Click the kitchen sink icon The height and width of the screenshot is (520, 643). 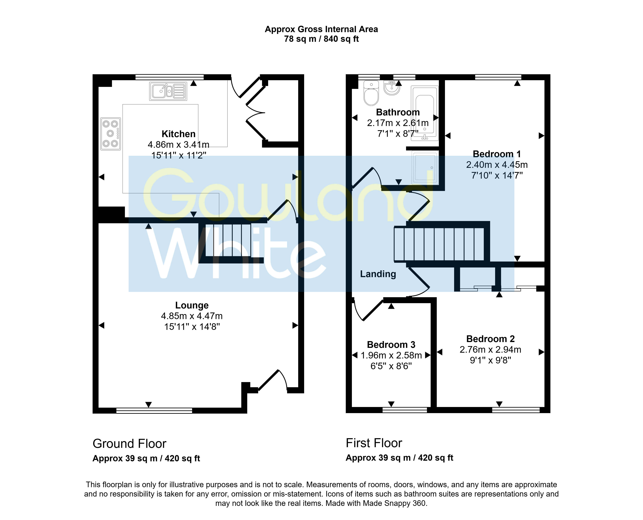[168, 91]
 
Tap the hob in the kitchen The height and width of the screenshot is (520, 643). [110, 134]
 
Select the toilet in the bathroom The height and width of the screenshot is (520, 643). [371, 93]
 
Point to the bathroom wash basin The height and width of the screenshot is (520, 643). [392, 87]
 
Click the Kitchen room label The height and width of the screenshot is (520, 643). [178, 134]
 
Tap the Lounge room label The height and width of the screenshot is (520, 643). [192, 305]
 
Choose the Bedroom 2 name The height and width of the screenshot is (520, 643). [491, 339]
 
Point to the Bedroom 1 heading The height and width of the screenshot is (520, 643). [497, 154]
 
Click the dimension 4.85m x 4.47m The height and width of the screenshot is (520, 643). [192, 316]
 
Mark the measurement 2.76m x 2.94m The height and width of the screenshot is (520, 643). [491, 350]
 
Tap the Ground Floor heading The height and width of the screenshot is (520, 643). [129, 444]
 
